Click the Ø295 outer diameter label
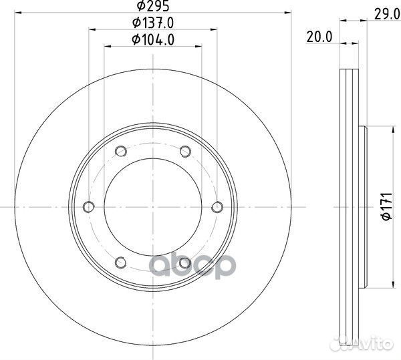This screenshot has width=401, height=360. point(153,6)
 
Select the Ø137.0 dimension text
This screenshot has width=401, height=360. point(153,23)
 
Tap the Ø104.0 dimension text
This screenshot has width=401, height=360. point(153,40)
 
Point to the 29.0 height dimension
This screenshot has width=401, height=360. point(387,14)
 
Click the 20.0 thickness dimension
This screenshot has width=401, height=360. point(319,37)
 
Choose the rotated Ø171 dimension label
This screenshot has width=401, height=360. point(387,206)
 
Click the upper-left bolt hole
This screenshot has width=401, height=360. point(121,151)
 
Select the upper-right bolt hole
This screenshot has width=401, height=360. point(185,151)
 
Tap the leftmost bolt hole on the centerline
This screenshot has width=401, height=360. point(89,206)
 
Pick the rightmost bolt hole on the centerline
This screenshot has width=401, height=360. point(217,206)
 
